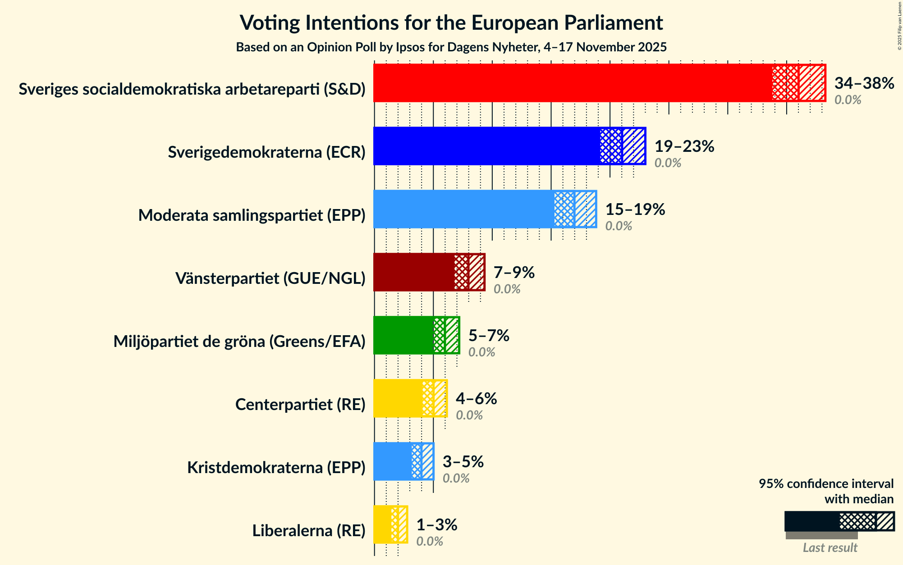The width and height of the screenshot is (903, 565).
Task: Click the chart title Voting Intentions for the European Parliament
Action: [451, 23]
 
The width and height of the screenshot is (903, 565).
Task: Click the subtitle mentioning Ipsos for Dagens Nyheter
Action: [451, 47]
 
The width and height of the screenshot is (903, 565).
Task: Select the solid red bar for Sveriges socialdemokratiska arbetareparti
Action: [573, 83]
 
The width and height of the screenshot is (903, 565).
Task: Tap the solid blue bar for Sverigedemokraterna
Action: [487, 146]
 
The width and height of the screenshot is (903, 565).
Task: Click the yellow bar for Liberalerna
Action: [383, 524]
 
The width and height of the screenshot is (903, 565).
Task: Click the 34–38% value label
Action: [864, 83]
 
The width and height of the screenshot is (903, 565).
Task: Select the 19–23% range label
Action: [684, 146]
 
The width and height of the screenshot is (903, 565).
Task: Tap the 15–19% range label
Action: [635, 210]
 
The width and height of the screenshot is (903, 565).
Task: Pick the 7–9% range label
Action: [514, 273]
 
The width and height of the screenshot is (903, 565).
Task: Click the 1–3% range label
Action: [436, 525]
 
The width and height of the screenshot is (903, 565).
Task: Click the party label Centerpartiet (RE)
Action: [300, 405]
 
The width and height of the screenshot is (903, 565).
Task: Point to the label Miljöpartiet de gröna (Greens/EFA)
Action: [239, 342]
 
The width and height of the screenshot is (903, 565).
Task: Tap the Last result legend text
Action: [830, 547]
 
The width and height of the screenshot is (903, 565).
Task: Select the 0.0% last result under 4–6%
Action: [469, 415]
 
